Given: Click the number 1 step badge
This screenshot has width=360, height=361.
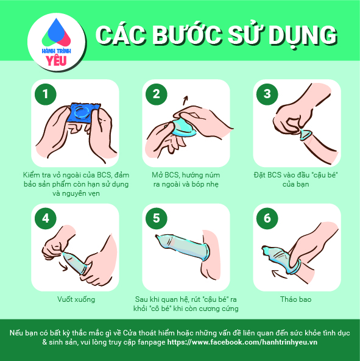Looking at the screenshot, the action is click(46, 94).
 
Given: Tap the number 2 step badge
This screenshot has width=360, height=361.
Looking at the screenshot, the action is click(157, 94).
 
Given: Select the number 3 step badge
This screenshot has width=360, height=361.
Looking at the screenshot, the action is click(267, 94).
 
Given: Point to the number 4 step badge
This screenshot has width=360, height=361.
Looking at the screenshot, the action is click(46, 218).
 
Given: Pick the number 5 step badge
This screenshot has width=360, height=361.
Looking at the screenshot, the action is click(157, 218).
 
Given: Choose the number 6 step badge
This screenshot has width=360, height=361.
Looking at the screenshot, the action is click(267, 218).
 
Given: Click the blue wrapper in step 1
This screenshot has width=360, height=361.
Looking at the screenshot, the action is click(84, 112).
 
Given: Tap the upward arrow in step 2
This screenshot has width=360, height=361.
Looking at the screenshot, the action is click(185, 101).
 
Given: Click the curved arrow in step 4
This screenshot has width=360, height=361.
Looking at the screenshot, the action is click(63, 265).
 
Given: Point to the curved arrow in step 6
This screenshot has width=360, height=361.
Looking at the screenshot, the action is click(279, 274).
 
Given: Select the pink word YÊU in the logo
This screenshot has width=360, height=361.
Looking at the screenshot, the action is click(56, 60).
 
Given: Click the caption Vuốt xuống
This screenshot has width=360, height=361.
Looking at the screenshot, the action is click(76, 299).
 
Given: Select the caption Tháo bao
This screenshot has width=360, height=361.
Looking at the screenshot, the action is click(296, 299).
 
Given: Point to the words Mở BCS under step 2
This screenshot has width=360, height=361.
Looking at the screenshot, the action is click(165, 175).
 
